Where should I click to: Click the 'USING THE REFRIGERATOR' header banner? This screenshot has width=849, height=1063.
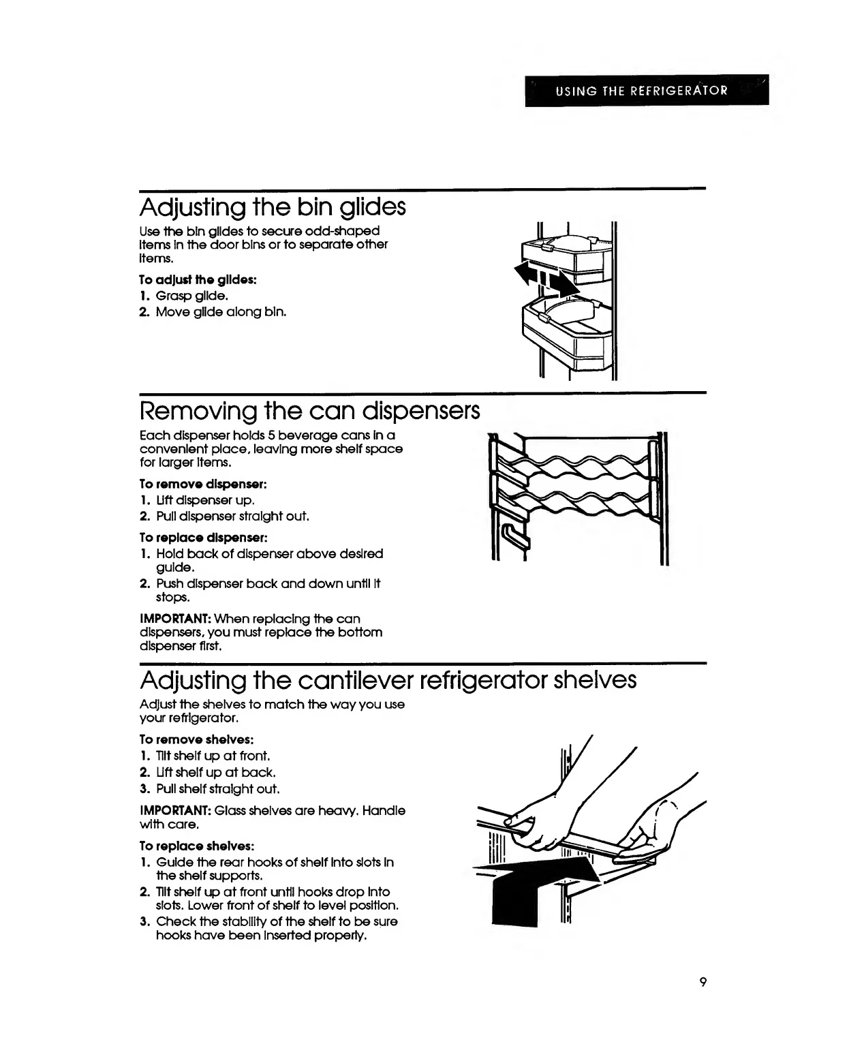click(x=646, y=90)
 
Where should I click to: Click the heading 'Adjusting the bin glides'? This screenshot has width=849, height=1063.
click(x=273, y=206)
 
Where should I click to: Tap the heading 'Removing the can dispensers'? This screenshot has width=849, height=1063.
click(x=309, y=410)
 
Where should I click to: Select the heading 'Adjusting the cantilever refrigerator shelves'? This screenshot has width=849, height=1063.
click(x=388, y=679)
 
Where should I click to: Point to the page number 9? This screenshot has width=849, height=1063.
click(x=702, y=982)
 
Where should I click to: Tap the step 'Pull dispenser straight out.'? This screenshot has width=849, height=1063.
click(x=232, y=516)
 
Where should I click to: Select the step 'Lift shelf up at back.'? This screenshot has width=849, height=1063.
click(x=215, y=772)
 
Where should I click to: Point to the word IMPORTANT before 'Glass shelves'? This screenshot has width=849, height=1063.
click(x=174, y=811)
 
